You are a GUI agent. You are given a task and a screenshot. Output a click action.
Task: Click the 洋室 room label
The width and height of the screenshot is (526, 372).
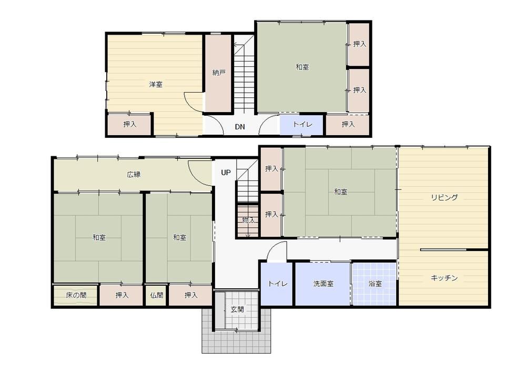click(156, 84)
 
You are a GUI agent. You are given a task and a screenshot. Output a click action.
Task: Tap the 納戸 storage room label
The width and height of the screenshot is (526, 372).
click(219, 73)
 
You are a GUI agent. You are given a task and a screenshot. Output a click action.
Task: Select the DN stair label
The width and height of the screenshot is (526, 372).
click(239, 127)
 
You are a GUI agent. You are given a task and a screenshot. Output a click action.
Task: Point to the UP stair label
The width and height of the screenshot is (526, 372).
click(226, 173)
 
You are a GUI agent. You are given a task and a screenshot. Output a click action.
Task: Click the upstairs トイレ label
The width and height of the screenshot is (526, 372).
click(302, 125)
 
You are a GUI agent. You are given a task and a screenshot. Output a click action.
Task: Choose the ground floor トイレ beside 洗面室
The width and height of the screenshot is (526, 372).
click(278, 284)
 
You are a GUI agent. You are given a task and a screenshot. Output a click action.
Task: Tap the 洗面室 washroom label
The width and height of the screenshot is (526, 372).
click(323, 284)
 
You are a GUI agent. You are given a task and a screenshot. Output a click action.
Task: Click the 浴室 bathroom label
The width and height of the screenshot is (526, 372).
click(375, 284)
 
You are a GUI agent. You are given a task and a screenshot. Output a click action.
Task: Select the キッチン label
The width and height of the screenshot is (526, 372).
click(444, 278)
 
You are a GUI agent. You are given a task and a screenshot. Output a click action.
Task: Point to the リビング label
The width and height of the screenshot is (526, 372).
click(444, 197)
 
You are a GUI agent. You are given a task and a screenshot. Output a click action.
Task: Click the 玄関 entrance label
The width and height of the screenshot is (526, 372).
click(237, 309)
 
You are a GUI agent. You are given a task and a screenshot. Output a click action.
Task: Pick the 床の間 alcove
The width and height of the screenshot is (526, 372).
click(76, 295)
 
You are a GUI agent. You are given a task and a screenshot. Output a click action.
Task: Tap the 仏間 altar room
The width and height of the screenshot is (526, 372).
click(157, 295)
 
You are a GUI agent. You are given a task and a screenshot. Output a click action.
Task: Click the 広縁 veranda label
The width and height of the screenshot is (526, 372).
click(134, 175)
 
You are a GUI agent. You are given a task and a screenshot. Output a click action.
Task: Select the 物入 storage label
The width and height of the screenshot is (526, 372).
click(249, 220)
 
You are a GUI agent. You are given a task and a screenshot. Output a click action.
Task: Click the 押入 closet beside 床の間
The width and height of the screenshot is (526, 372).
click(122, 295)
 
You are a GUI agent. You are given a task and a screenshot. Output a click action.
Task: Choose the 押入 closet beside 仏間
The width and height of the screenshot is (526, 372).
click(191, 295)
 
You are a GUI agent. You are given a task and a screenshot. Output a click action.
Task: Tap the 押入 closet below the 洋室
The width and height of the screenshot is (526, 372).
click(130, 125)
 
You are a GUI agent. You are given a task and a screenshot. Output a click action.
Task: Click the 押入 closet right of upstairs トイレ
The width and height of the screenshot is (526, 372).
click(348, 125)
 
